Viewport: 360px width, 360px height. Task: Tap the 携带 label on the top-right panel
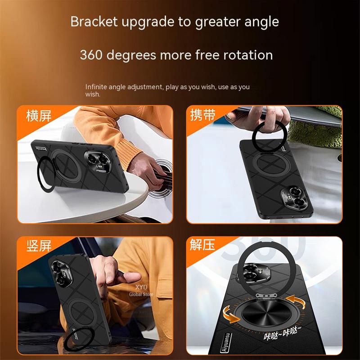(203, 116)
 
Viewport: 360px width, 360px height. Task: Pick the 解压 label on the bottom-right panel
(203, 246)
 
